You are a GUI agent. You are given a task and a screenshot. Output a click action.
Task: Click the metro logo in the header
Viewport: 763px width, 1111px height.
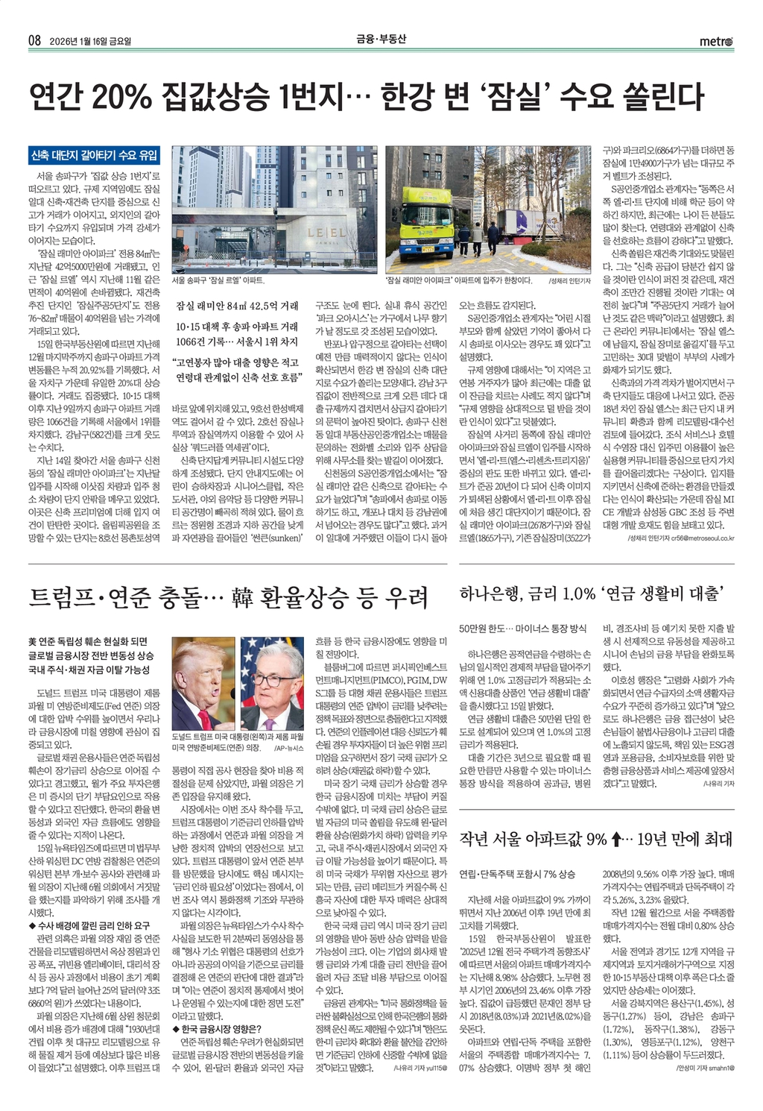click(x=716, y=42)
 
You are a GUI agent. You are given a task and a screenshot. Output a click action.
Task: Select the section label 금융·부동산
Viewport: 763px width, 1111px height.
click(x=381, y=40)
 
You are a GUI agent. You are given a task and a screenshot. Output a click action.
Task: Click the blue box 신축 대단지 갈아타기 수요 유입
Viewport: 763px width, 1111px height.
click(x=94, y=155)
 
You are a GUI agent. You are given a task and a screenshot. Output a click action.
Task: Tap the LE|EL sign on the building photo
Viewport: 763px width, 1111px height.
click(x=326, y=233)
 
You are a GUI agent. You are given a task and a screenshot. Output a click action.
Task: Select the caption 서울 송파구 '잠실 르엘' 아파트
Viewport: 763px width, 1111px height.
click(x=218, y=281)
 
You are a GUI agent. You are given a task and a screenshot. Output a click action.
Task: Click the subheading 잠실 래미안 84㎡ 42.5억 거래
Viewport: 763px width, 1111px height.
click(x=237, y=306)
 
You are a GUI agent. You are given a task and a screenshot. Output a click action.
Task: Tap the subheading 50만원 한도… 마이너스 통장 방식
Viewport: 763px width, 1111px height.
click(x=523, y=629)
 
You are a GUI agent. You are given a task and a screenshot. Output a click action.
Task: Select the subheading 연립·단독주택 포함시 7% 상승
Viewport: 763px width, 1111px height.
click(x=517, y=873)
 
